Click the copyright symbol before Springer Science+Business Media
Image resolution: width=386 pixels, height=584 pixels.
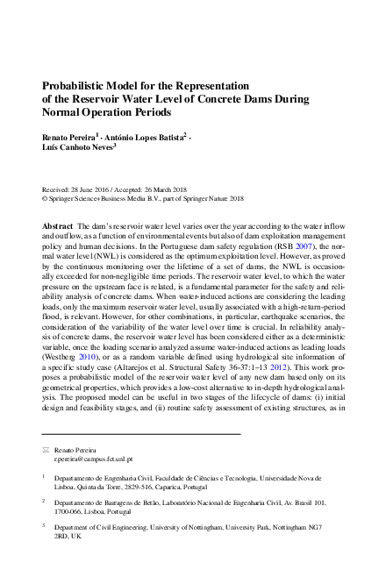point(45,199)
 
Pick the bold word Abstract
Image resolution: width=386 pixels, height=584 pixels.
point(57,226)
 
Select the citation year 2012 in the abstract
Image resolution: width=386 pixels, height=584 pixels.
point(283,374)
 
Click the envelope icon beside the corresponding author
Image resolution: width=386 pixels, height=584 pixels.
point(46,448)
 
